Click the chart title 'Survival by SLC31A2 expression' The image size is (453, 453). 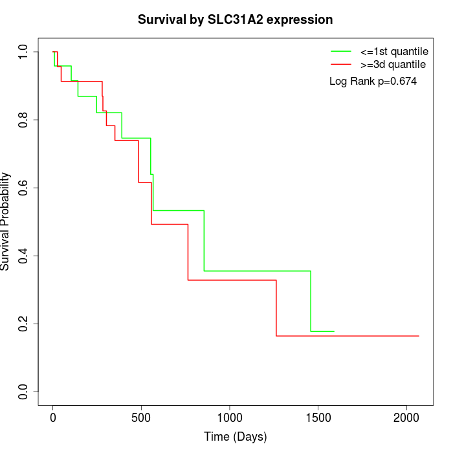(235, 20)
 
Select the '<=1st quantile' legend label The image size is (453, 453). (394, 50)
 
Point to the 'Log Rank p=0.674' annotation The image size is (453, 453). (373, 82)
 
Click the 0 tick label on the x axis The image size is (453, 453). (53, 417)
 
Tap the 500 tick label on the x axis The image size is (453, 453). (141, 417)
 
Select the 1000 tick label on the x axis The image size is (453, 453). (230, 417)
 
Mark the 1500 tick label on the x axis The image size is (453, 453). (318, 417)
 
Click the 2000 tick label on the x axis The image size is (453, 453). (406, 417)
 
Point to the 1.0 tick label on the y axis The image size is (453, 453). (24, 52)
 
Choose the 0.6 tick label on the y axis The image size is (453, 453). (24, 188)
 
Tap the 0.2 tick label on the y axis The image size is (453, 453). (24, 324)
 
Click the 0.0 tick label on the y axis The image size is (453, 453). (24, 392)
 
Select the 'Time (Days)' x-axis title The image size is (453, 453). (235, 437)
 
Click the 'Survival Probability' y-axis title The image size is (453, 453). (6, 221)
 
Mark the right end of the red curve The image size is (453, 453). (419, 336)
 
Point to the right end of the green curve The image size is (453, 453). (334, 331)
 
